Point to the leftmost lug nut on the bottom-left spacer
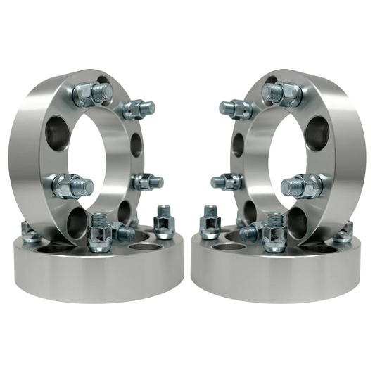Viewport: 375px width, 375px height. [x=30, y=233]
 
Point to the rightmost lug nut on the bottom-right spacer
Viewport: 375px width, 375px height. [x=344, y=233]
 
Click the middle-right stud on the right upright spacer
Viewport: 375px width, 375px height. [x=302, y=186]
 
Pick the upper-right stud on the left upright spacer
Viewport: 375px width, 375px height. [x=136, y=109]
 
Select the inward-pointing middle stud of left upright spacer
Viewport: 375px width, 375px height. [x=146, y=182]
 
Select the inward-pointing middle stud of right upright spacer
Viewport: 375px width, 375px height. [x=227, y=182]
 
